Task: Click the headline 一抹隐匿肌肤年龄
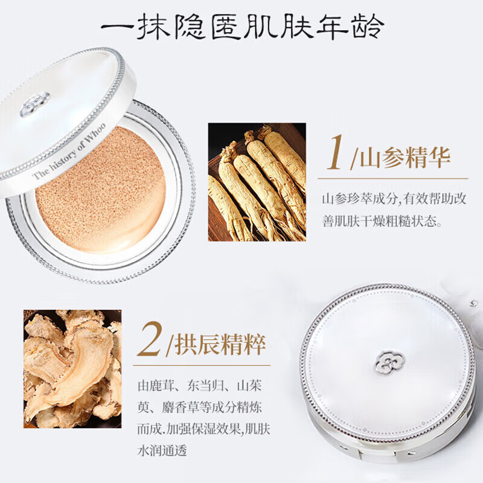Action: click(241, 27)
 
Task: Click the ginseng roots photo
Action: click(257, 182)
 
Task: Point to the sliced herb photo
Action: click(72, 369)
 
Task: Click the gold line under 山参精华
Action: click(393, 178)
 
